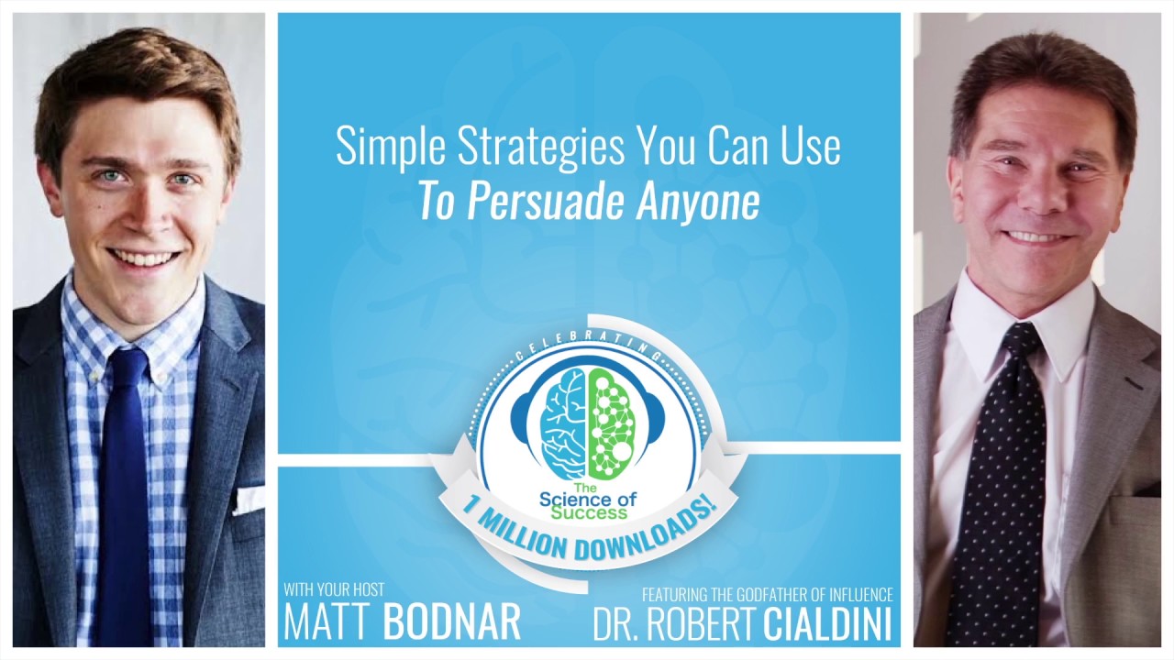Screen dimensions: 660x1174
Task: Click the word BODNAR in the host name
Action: [x=452, y=621]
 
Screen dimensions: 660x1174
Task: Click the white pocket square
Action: [x=249, y=500]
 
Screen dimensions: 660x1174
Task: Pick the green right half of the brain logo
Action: [x=611, y=417]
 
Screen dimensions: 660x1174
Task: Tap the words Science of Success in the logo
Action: [x=588, y=500]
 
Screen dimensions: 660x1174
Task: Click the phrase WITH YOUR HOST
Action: [x=334, y=589]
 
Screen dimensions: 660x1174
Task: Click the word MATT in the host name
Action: [x=328, y=621]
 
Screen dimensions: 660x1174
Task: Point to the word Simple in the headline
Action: [x=377, y=146]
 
